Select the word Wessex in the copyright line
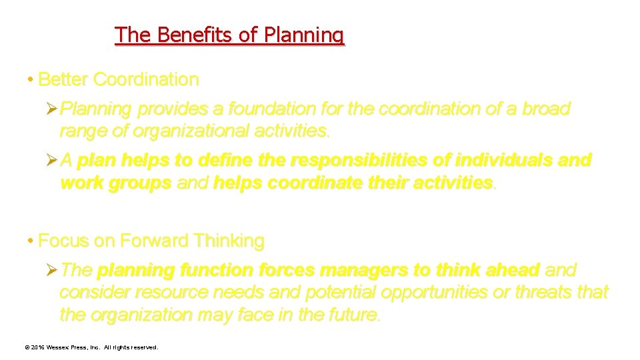click(x=59, y=347)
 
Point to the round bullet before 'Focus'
click(x=31, y=241)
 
